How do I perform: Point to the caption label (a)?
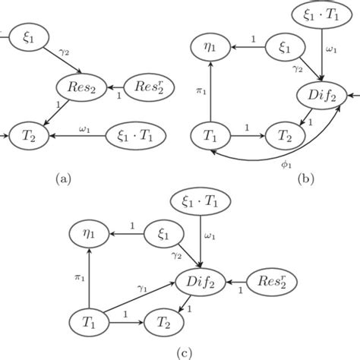tap(62, 179)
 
